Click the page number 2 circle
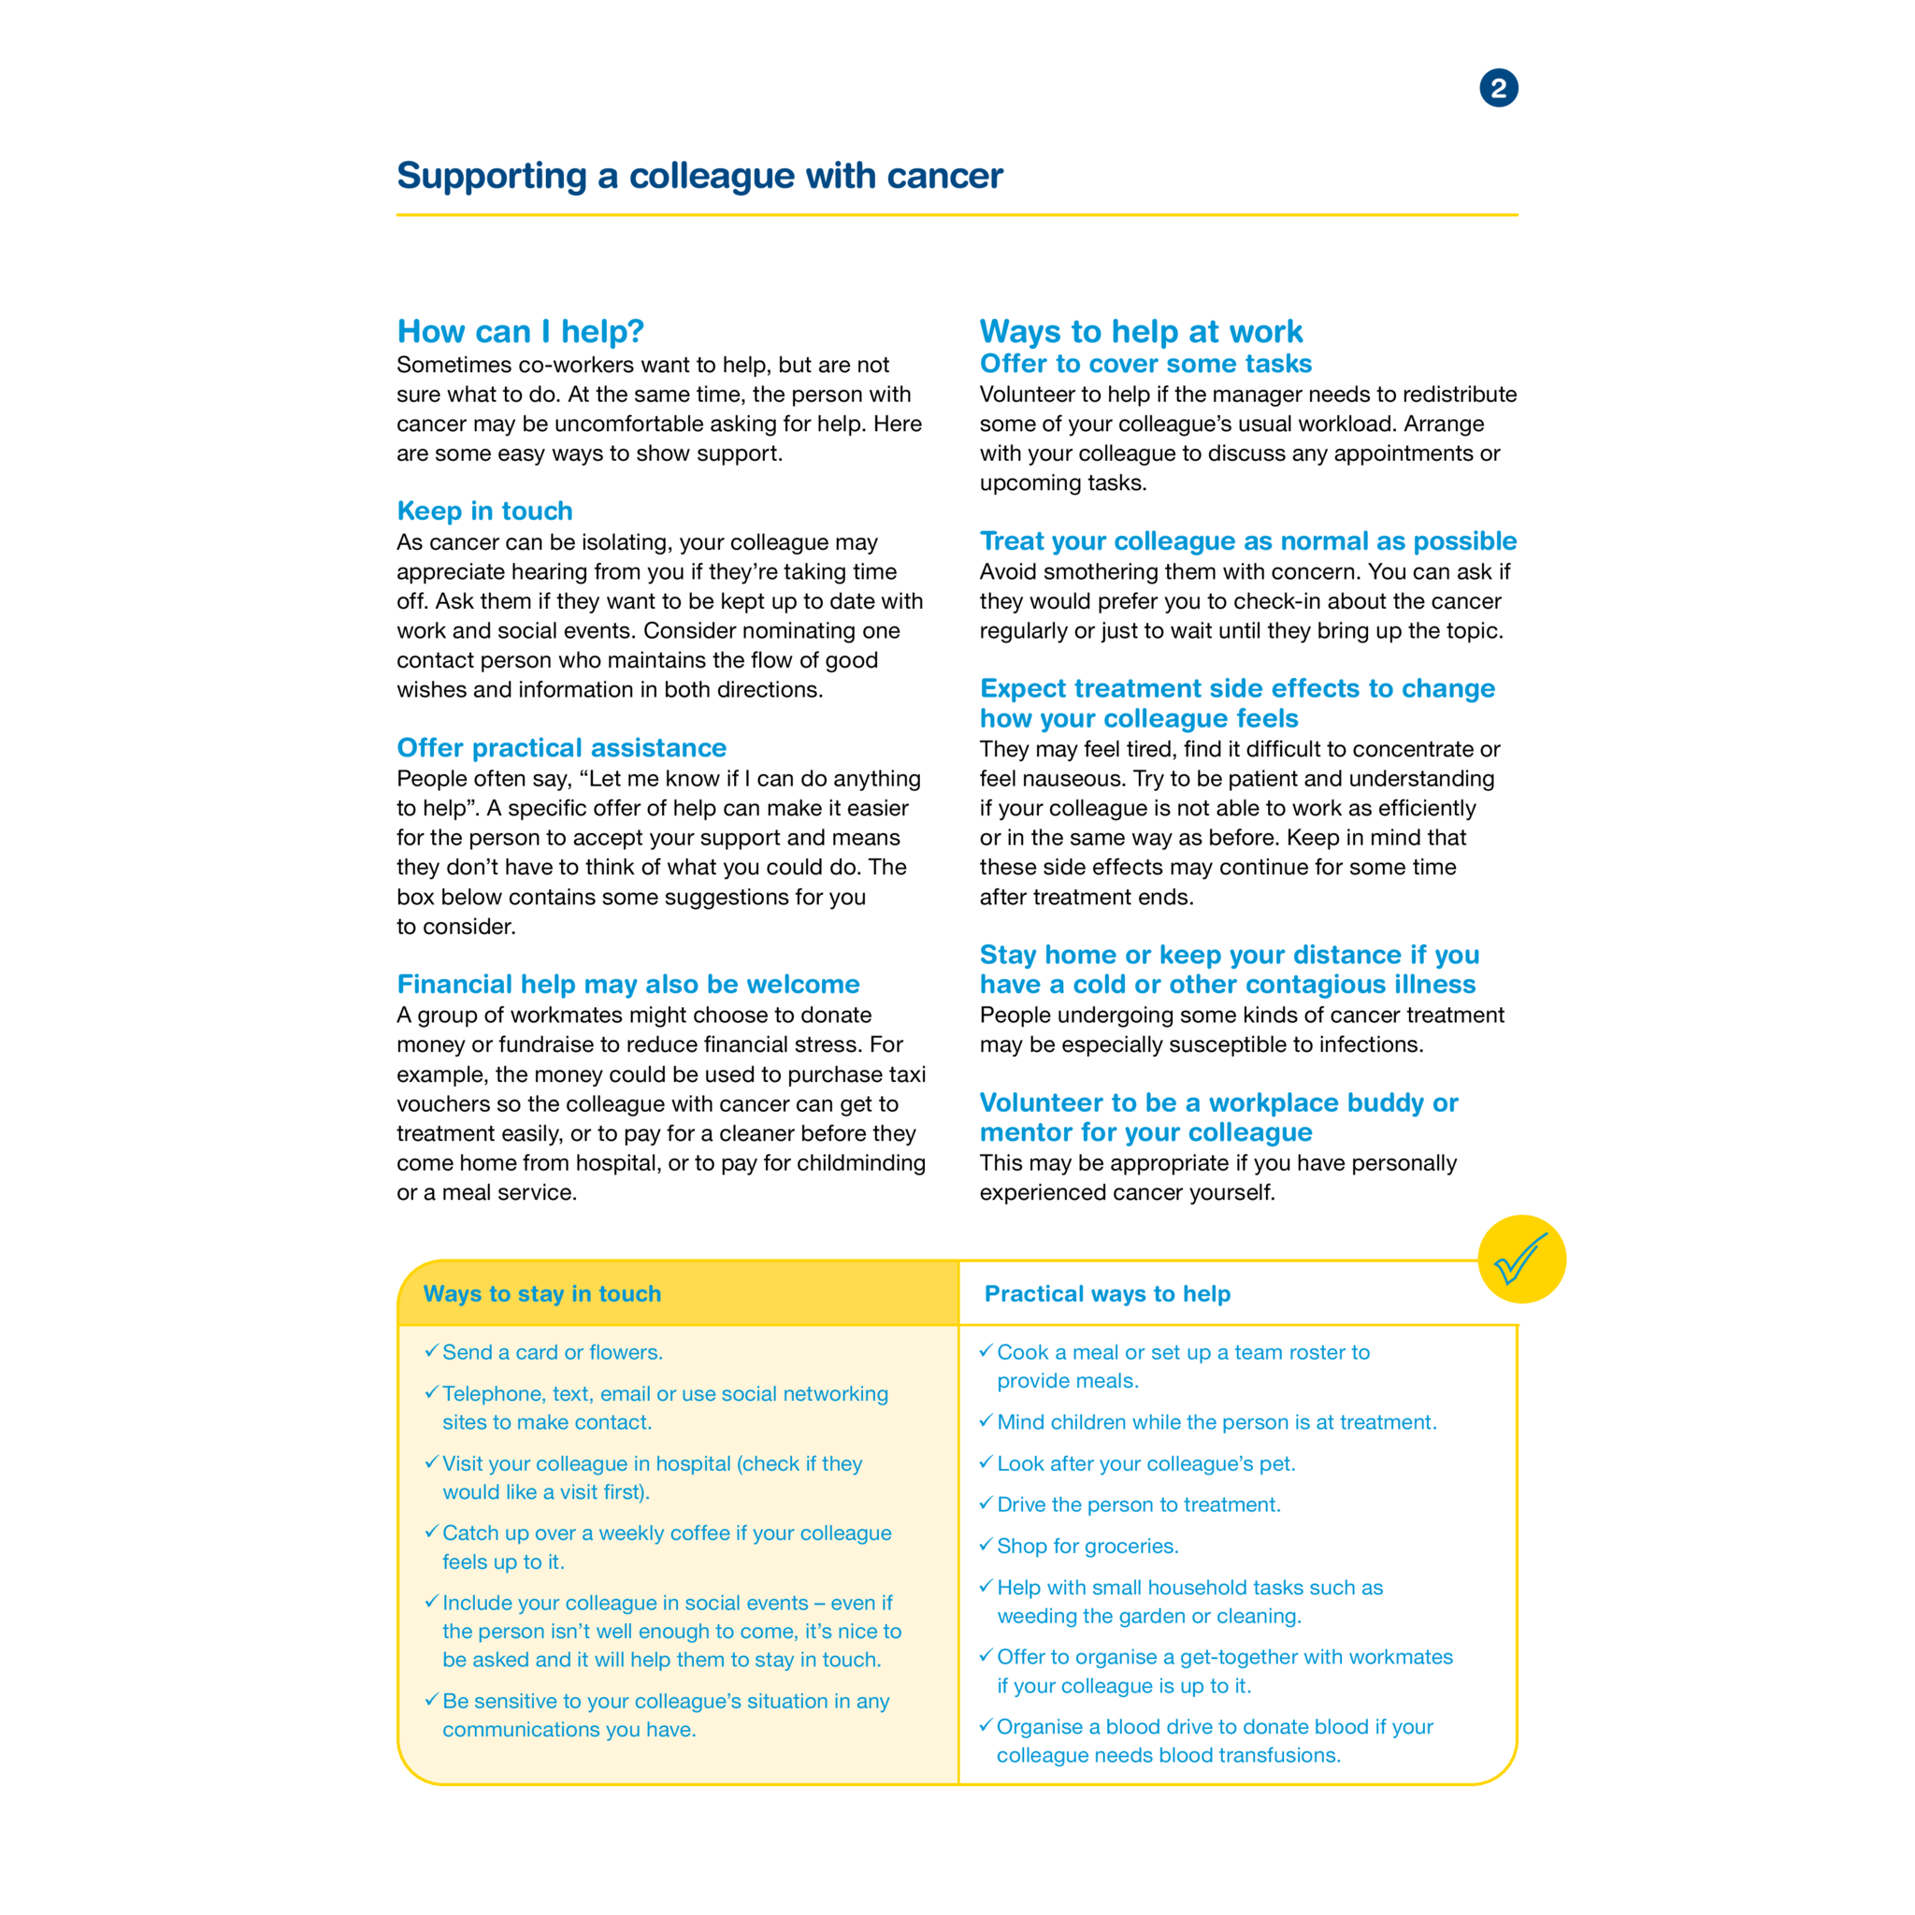click(1498, 88)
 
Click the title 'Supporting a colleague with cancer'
click(698, 176)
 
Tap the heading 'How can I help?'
click(521, 331)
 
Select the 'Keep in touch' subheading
click(484, 511)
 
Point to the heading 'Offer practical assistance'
click(561, 747)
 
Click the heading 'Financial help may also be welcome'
click(627, 985)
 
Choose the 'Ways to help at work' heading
click(1140, 331)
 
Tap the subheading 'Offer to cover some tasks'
click(1145, 364)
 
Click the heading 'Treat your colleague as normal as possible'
click(1247, 541)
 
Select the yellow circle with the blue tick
click(1520, 1259)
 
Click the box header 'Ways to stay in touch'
click(541, 1293)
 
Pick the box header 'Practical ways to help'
click(1106, 1293)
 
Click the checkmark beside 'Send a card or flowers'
click(431, 1350)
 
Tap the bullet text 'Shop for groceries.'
click(1087, 1547)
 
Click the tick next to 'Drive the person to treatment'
click(986, 1503)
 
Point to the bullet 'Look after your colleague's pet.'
click(1145, 1464)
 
